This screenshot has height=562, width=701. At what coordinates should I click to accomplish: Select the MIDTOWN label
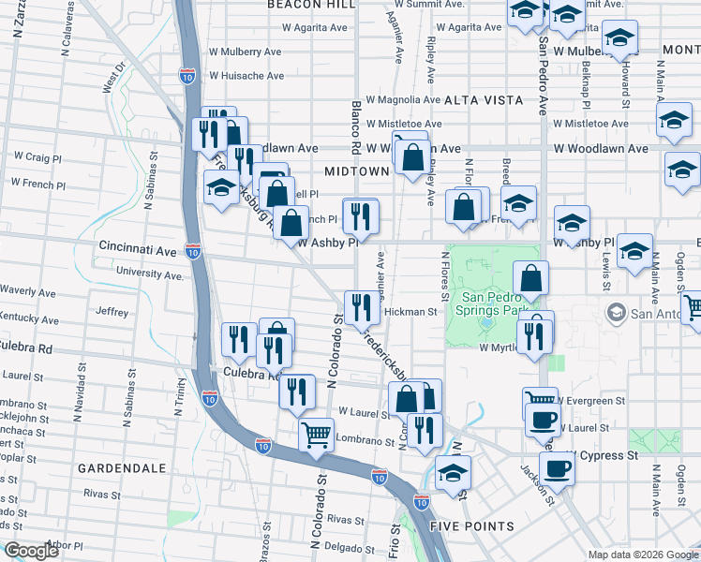pos(356,171)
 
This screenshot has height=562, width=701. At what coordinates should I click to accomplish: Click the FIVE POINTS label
pos(471,526)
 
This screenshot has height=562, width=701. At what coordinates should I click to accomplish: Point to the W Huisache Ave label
pos(246,76)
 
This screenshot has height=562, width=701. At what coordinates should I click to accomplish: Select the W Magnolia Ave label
pos(403,99)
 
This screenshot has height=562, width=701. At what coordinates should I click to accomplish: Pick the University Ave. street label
pos(150,274)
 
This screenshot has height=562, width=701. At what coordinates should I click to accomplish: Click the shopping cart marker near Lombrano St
pos(317,434)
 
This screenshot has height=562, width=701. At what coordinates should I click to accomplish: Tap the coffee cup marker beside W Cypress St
pos(557,467)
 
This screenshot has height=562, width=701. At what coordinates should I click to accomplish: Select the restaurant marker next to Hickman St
pos(361,305)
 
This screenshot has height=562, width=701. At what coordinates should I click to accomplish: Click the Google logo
pos(32,551)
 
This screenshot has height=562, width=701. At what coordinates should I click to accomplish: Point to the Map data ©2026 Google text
pos(643,555)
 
